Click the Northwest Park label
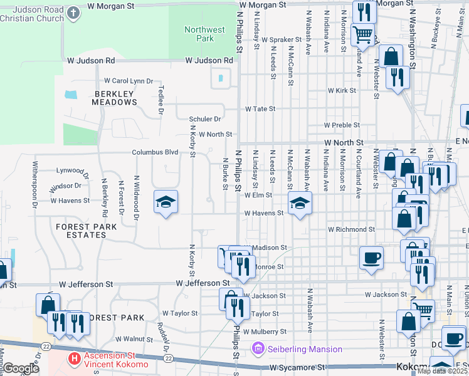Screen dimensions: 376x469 204,34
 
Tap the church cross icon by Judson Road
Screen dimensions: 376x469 73,13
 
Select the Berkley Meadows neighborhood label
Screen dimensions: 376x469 114,98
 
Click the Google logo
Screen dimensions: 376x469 20,368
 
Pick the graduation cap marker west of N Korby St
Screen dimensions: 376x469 166,202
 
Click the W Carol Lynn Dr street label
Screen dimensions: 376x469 129,81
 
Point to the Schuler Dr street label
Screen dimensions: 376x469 205,119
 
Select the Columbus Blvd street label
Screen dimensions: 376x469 155,152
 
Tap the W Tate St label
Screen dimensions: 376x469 260,108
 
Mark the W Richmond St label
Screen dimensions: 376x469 351,229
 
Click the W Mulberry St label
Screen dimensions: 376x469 265,331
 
